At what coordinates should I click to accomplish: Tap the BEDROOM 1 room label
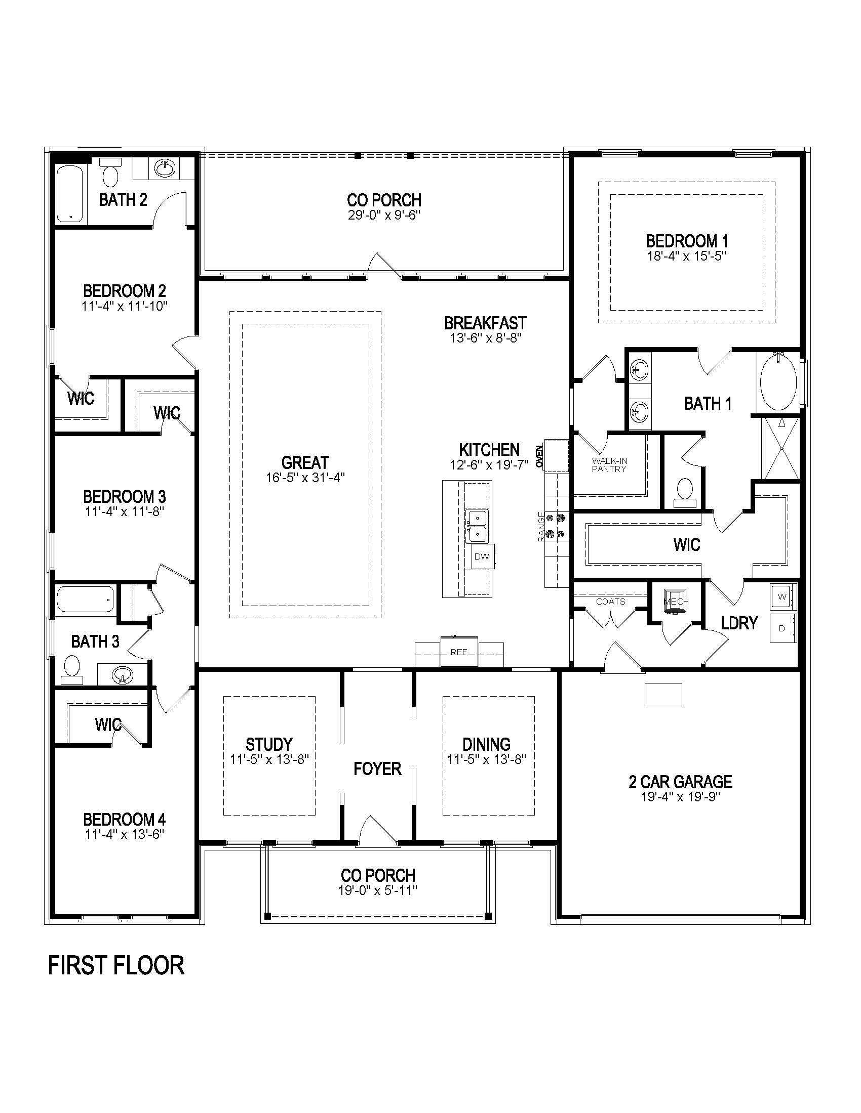687,240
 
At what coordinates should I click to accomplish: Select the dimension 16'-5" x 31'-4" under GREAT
305,478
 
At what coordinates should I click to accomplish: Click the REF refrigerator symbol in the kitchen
459,652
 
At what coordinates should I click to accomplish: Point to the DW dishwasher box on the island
482,556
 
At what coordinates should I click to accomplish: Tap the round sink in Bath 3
123,676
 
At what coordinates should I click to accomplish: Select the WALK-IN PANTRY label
609,465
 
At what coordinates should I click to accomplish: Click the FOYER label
377,768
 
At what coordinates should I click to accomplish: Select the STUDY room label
269,744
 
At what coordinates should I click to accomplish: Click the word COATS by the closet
610,602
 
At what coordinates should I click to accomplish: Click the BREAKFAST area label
485,323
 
